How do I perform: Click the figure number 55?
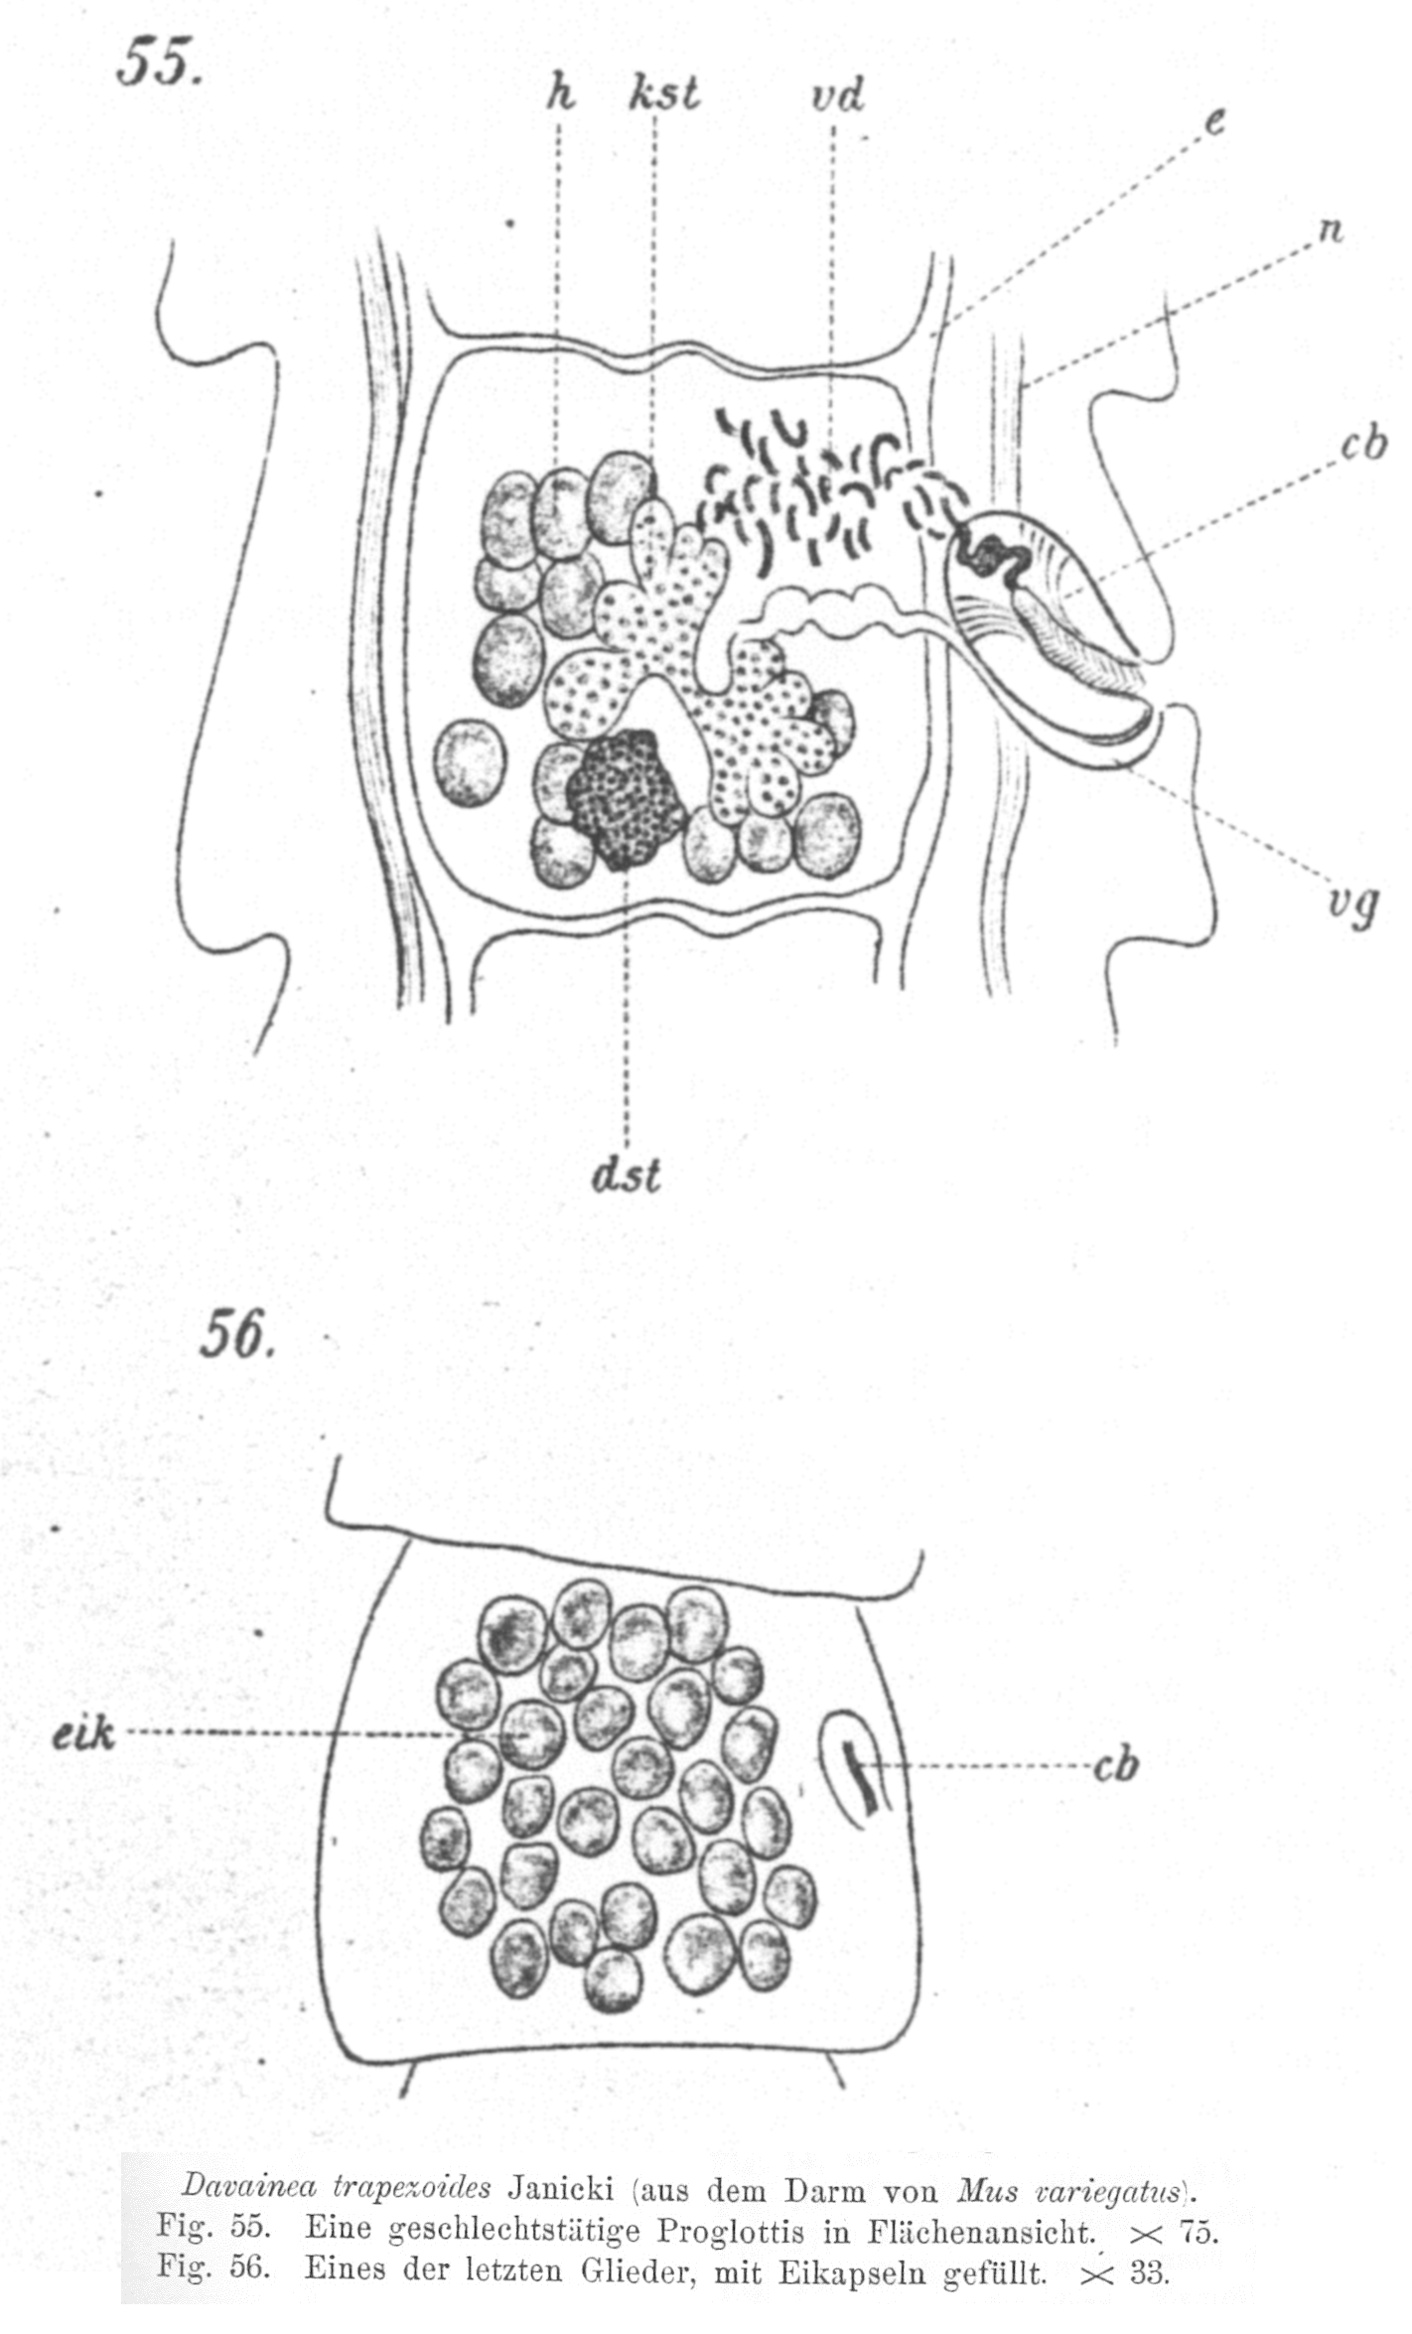(x=159, y=65)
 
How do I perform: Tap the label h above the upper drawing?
(x=561, y=94)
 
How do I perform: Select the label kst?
(x=663, y=94)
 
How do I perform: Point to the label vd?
(x=837, y=96)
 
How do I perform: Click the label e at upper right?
(x=1214, y=121)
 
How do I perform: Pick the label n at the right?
(x=1331, y=229)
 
